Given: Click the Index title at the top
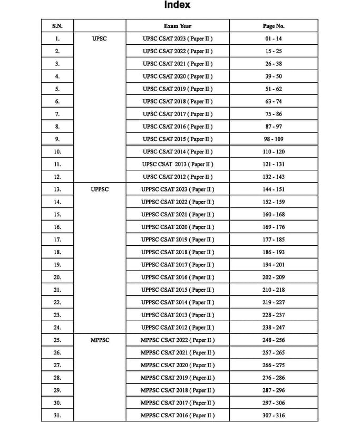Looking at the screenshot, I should [177, 6].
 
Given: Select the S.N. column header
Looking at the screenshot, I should [57, 26].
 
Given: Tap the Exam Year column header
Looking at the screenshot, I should [178, 26].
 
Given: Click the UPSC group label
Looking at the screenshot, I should [99, 39].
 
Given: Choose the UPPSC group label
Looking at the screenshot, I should [99, 189].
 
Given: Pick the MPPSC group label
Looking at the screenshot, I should [99, 340].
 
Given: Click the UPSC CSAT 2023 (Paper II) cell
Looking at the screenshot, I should [178, 39].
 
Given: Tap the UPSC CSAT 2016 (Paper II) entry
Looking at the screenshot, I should [178, 127].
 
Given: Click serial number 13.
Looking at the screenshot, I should [57, 189].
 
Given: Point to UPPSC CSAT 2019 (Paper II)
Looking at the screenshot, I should [178, 239].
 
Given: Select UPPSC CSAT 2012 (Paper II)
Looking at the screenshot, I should [178, 328].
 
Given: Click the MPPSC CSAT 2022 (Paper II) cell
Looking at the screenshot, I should [178, 340].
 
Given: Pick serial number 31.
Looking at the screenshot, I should [57, 416].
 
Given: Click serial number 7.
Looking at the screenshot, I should [57, 114].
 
